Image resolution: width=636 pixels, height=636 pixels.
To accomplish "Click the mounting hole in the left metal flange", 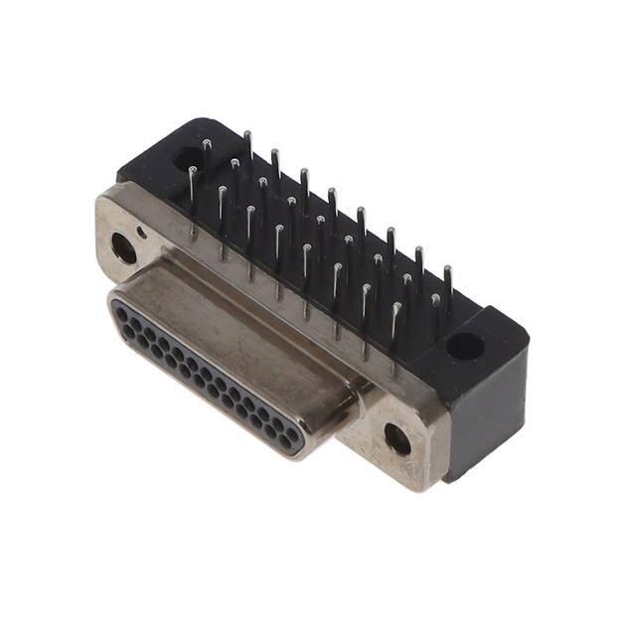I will [124, 247].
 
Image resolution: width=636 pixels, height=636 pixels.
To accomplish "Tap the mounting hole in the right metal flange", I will [397, 438].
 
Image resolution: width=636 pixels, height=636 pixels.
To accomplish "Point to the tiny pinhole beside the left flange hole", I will [143, 233].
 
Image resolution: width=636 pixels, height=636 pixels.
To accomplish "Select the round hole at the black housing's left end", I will [187, 157].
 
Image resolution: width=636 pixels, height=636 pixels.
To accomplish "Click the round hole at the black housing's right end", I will [464, 346].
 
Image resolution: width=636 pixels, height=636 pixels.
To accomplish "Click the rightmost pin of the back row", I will [448, 288].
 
